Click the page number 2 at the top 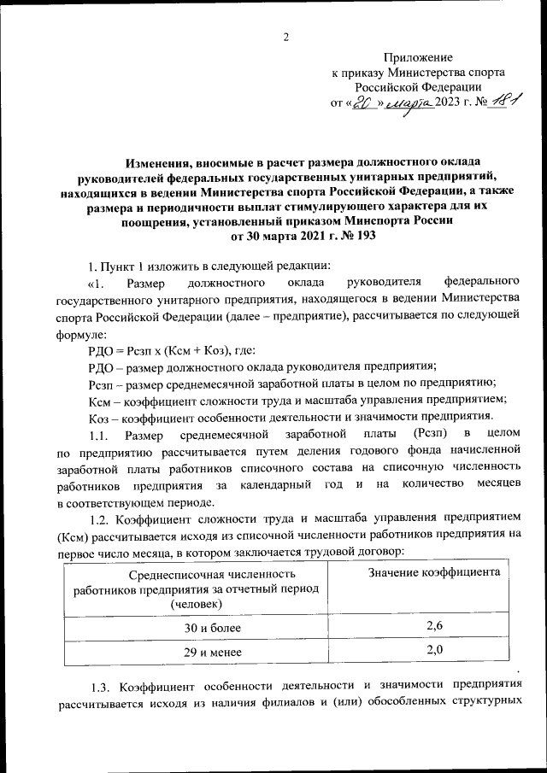pyautogui.click(x=287, y=37)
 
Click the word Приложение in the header pyautogui.click(x=418, y=56)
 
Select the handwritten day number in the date pyautogui.click(x=365, y=103)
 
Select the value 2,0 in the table pyautogui.click(x=434, y=651)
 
